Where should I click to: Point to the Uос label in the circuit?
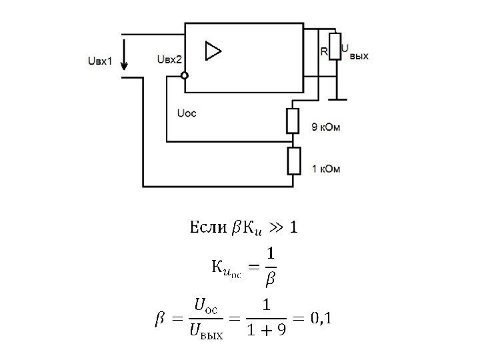pyautogui.click(x=187, y=113)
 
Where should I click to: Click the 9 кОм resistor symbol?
pyautogui.click(x=293, y=121)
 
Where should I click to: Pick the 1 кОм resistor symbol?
pyautogui.click(x=293, y=161)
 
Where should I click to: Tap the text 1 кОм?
pyautogui.click(x=326, y=169)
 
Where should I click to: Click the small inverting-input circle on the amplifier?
pyautogui.click(x=185, y=75)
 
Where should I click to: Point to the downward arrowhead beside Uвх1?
pyautogui.click(x=125, y=66)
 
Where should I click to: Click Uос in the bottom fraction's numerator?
pyautogui.click(x=206, y=306)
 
